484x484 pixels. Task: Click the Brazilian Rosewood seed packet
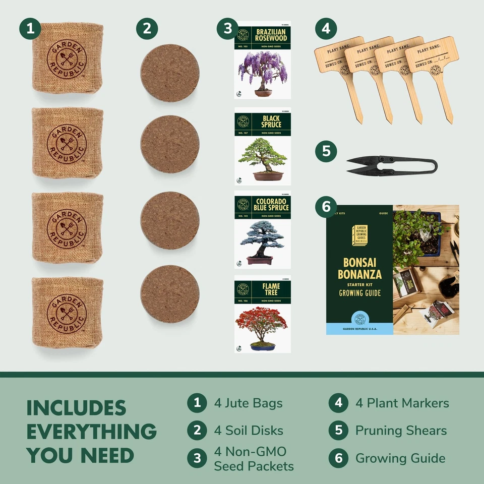coord(262,60)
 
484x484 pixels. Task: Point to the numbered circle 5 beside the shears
coord(326,151)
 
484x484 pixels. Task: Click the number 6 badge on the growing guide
coord(326,207)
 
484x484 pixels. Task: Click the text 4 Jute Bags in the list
coord(248,403)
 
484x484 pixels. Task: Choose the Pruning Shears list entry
coord(401,431)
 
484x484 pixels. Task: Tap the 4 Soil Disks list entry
coord(248,431)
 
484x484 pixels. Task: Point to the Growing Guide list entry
coord(400,458)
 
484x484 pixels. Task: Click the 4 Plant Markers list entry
coord(402,403)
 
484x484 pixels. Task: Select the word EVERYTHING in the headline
coord(91,432)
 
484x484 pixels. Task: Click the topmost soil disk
coord(170,73)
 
